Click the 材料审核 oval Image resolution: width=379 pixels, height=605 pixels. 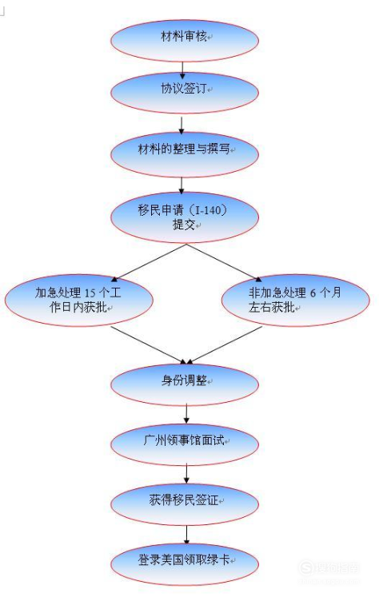coord(185,40)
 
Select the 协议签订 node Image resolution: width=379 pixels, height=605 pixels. coord(185,93)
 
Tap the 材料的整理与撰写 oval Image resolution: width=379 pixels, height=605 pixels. coord(185,154)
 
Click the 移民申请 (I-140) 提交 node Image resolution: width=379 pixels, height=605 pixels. coord(185,217)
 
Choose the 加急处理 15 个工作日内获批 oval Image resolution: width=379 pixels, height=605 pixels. coord(78,301)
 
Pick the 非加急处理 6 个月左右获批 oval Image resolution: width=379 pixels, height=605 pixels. coord(296,301)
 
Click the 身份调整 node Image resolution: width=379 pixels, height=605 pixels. coord(185,384)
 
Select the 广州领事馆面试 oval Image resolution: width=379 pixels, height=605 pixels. coord(185,444)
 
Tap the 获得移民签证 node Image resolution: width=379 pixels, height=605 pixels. coord(185,504)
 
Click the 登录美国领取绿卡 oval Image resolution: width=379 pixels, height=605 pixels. coord(185,564)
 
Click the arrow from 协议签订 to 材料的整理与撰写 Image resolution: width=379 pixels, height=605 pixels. coord(182,125)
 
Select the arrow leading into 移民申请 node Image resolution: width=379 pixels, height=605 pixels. coord(182,185)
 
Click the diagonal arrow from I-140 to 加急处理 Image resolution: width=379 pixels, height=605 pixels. coord(149,262)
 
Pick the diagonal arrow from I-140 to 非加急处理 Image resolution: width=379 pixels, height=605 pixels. coord(225,262)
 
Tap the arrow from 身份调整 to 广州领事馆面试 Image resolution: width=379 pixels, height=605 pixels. coord(186,414)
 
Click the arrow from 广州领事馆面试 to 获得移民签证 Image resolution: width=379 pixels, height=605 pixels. coord(186,474)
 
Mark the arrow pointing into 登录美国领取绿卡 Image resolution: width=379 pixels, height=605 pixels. coord(186,534)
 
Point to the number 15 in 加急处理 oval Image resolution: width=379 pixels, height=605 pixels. coord(90,293)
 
